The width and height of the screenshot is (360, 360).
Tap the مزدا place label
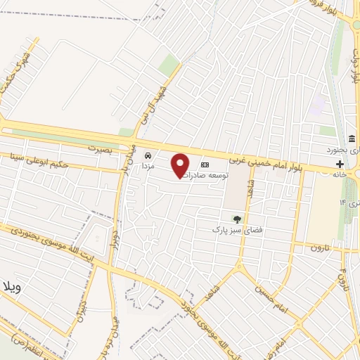(148, 166)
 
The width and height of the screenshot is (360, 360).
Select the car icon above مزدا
(148, 155)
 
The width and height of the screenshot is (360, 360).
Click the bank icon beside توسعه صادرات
(205, 157)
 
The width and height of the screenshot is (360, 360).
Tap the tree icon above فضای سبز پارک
(237, 219)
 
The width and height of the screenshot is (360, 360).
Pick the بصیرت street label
(101, 149)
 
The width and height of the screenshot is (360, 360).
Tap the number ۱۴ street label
(344, 202)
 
